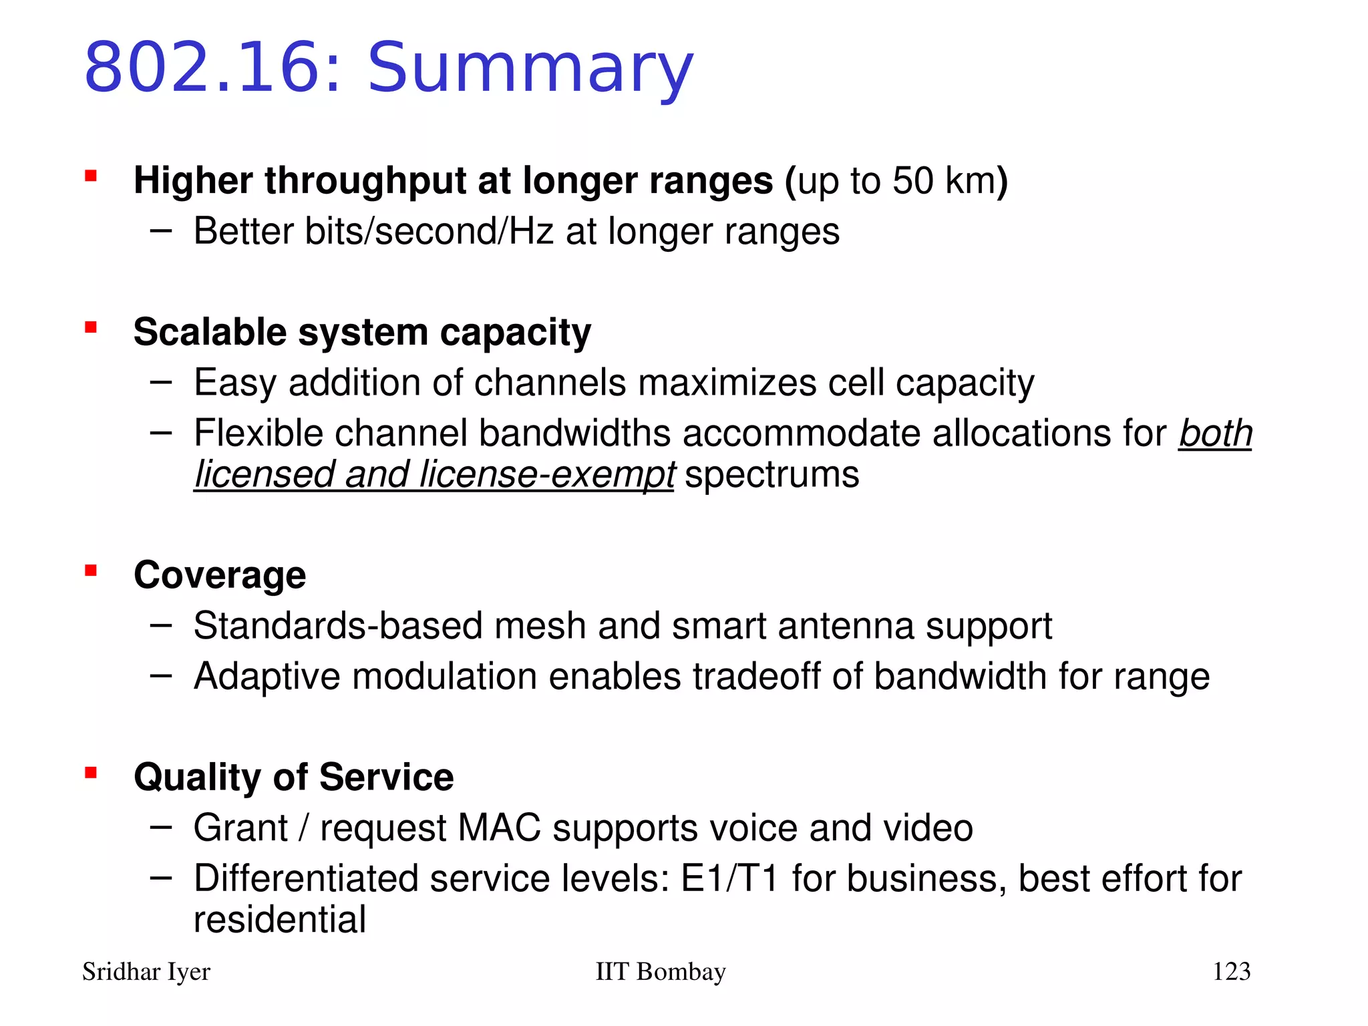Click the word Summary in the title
coord(531,68)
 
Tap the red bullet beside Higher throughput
coord(91,176)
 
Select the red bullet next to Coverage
coord(91,570)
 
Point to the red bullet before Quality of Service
coord(91,773)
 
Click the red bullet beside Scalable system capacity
coord(91,327)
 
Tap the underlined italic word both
coord(1215,434)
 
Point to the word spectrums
coord(772,475)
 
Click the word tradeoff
coord(756,677)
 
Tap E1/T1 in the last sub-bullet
coord(729,878)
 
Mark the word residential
coord(280,920)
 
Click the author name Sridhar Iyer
coord(146,972)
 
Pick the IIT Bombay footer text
coord(660,972)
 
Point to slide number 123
coord(1231,972)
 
